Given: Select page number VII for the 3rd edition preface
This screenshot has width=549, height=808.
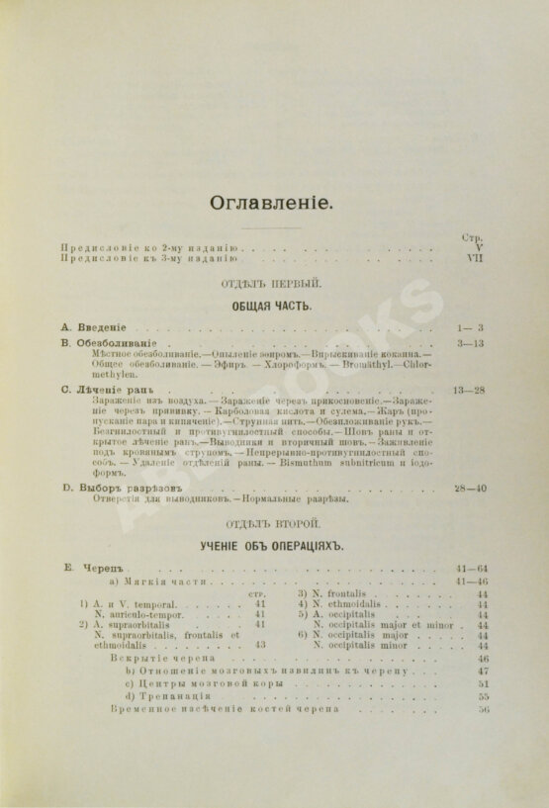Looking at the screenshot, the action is click(473, 257).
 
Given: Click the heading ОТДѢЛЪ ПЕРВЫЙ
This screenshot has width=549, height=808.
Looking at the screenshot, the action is click(273, 285).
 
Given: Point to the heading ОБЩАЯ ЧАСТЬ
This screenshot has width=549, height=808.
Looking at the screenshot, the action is click(272, 306).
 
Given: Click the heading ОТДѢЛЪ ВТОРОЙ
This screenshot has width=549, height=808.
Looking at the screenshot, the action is click(273, 522).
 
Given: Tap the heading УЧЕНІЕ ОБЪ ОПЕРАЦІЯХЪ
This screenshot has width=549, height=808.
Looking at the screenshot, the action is click(272, 544).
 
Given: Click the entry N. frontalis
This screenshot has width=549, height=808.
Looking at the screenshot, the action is click(343, 594).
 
